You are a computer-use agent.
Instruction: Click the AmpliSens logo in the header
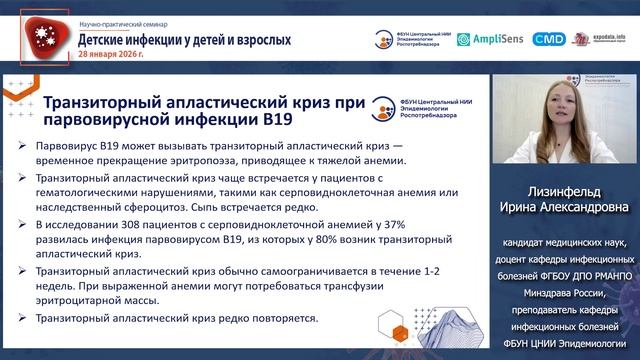(489, 40)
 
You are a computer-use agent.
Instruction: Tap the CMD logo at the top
(548, 40)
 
